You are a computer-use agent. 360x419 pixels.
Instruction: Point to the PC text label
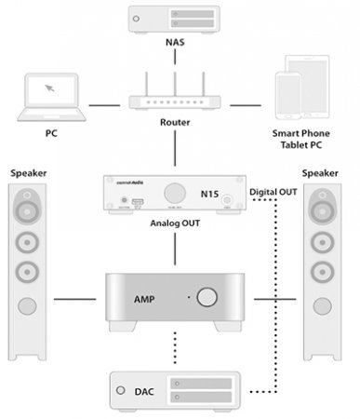[x=51, y=132]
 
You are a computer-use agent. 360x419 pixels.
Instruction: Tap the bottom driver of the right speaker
[x=329, y=274]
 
